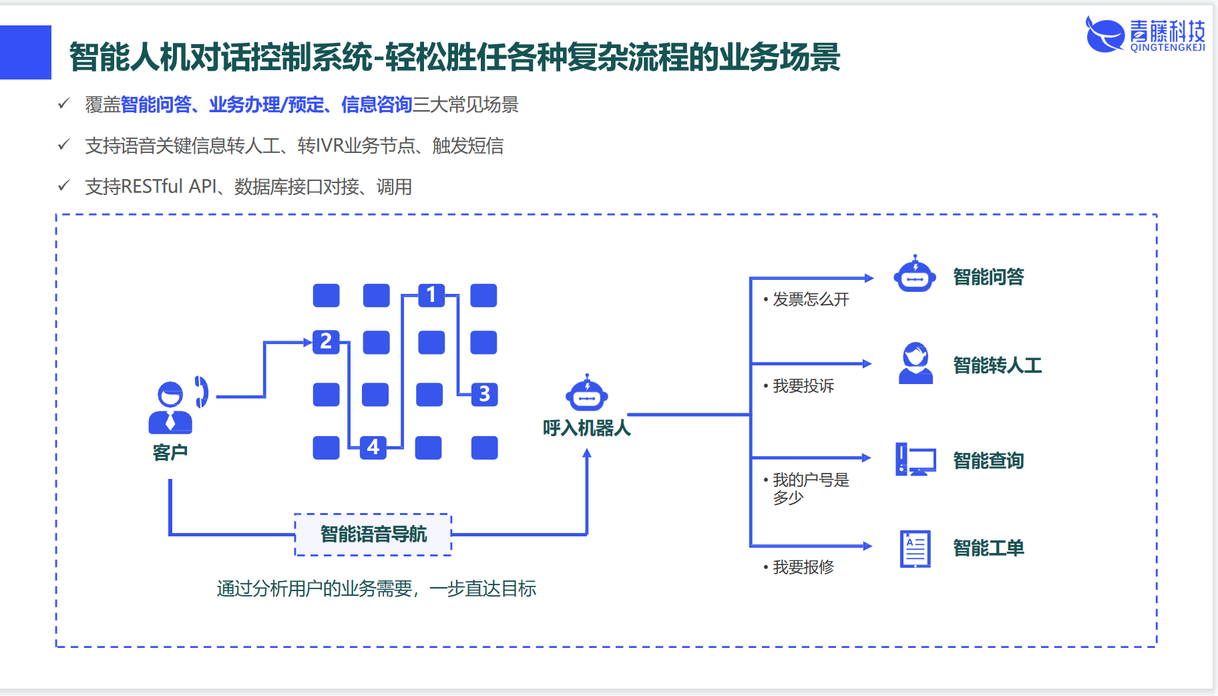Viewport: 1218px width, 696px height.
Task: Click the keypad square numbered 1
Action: click(x=431, y=295)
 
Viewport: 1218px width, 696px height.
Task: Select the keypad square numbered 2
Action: click(x=326, y=341)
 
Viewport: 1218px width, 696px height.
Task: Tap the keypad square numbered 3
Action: click(x=484, y=394)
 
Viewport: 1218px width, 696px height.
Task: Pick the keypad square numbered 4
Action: click(x=373, y=447)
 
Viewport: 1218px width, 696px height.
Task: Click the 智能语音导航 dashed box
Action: click(x=373, y=534)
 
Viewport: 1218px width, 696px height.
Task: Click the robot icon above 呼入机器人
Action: click(x=586, y=394)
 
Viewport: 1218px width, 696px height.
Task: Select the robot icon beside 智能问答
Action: click(x=915, y=275)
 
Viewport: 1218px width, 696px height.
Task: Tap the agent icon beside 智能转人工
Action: click(x=916, y=363)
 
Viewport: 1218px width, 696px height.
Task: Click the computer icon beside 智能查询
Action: click(x=915, y=460)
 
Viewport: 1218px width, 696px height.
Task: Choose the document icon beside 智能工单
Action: click(x=915, y=548)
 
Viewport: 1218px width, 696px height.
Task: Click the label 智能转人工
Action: click(x=997, y=365)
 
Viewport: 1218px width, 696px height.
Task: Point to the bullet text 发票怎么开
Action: click(x=811, y=299)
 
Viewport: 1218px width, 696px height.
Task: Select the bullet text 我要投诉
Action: click(x=803, y=386)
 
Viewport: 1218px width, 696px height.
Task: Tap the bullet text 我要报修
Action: click(x=803, y=567)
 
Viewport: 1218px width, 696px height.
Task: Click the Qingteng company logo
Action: click(x=1145, y=35)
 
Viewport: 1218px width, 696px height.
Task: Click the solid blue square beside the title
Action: click(x=25, y=52)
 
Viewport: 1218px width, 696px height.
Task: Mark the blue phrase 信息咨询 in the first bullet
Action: click(x=377, y=105)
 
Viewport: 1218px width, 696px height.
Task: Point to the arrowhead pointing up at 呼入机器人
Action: click(x=587, y=454)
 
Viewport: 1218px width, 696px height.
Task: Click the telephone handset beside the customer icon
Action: click(x=201, y=391)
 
